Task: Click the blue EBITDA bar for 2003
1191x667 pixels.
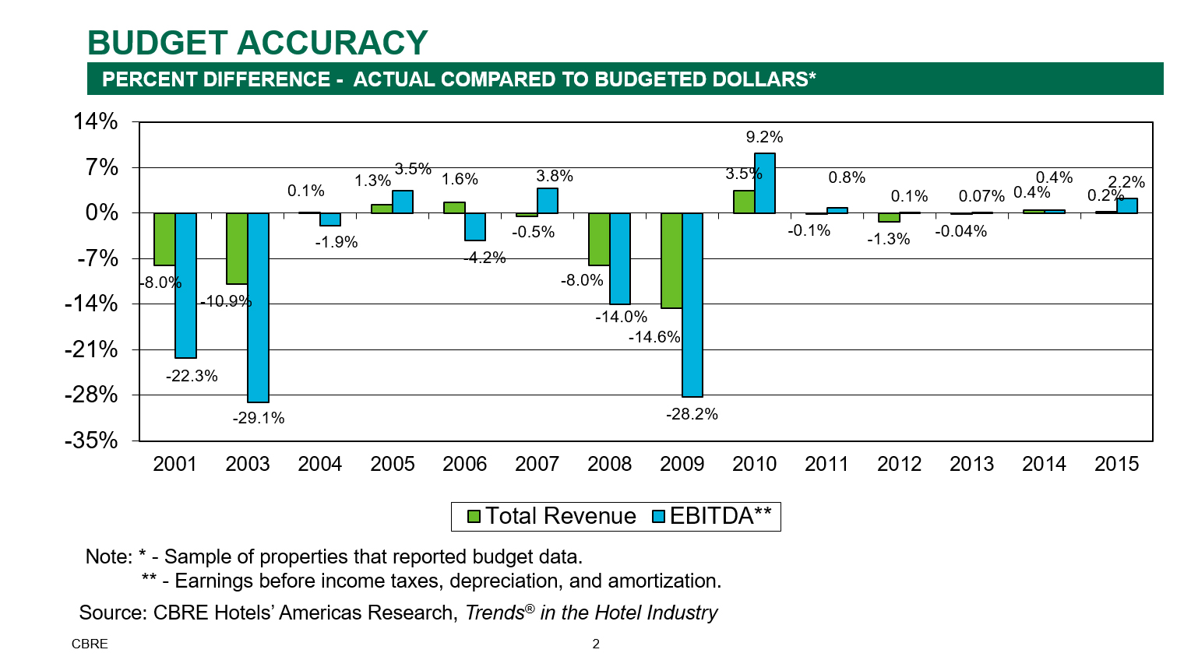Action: tap(258, 307)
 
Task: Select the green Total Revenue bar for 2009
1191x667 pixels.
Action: tap(671, 261)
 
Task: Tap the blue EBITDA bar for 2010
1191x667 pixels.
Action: tap(765, 183)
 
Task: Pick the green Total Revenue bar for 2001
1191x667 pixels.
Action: tap(164, 239)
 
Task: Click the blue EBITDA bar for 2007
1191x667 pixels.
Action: tap(548, 201)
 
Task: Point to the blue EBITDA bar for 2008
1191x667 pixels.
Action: tap(620, 258)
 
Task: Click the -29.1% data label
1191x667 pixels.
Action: tap(259, 418)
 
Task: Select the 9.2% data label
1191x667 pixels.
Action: tap(764, 137)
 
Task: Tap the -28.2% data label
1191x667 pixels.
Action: tap(692, 414)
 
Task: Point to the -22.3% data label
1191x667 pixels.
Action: tap(192, 376)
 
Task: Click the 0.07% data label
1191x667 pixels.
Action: tap(981, 196)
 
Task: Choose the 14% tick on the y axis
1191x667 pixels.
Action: tap(96, 121)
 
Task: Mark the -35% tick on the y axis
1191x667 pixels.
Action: tap(91, 441)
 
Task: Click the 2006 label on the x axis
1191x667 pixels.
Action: tap(464, 464)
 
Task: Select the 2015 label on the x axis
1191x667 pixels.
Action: tap(1116, 464)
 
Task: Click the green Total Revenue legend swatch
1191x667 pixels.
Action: tap(474, 516)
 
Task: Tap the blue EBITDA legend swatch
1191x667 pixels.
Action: tap(658, 516)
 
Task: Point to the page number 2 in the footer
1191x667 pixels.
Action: tap(596, 644)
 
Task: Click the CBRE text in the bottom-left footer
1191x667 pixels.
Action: tap(90, 644)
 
